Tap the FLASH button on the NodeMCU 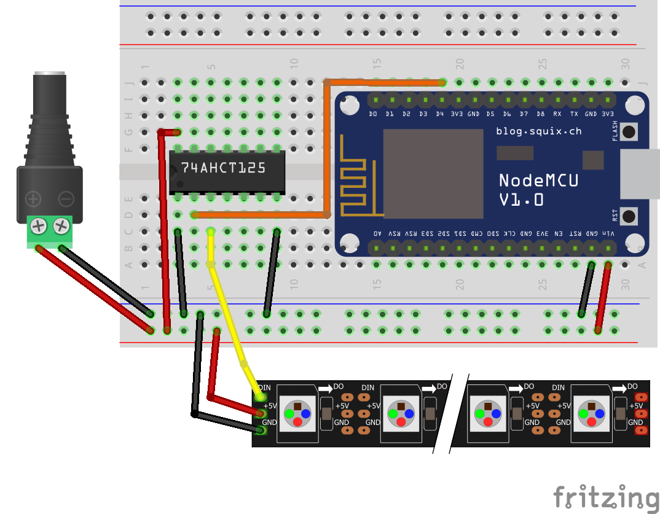(629, 131)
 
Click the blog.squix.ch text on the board (538, 131)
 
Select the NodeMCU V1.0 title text (538, 190)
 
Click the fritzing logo (605, 496)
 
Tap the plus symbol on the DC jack (33, 198)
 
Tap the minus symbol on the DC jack (66, 198)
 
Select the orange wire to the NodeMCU (326, 147)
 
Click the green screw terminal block (50, 231)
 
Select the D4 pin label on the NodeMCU (440, 114)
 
